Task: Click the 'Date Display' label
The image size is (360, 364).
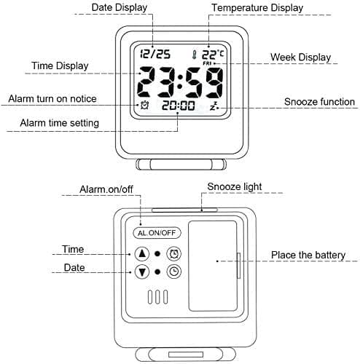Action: [120, 7]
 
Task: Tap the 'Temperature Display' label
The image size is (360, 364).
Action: [257, 8]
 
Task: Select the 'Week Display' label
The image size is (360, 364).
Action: [301, 58]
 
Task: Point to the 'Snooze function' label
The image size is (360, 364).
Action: [319, 102]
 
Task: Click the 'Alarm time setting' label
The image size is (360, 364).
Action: [60, 123]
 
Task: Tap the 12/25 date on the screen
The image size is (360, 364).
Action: [155, 54]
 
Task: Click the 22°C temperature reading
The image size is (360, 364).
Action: [213, 55]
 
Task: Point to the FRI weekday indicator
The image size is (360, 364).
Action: [207, 63]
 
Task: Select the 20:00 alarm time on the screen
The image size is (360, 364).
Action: [179, 106]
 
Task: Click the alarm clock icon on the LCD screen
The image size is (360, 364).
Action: [144, 105]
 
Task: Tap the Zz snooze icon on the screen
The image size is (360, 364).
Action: [214, 106]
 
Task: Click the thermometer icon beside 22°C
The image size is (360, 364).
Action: [194, 55]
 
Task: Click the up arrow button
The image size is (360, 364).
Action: [142, 254]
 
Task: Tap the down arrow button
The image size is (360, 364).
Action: [142, 272]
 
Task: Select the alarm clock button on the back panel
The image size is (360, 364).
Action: [174, 254]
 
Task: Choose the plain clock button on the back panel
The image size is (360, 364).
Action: [174, 272]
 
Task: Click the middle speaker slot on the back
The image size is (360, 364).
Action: [157, 297]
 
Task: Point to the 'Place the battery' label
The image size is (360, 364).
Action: [308, 256]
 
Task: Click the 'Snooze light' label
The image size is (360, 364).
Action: [235, 187]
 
